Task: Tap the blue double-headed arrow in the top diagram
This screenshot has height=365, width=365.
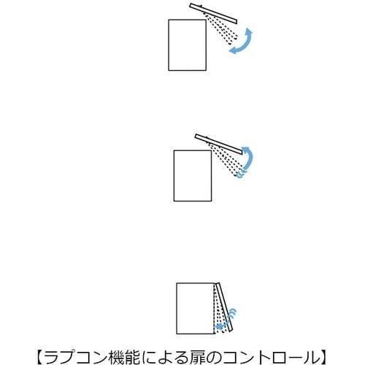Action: [x=242, y=42]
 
